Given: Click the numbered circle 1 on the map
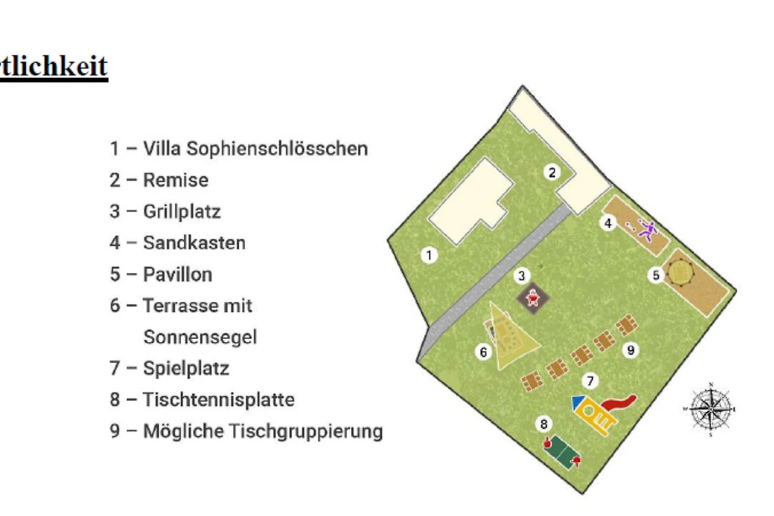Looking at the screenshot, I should point(429,255).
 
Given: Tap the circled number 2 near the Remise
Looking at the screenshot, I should point(552,172).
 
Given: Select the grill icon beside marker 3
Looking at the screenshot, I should point(533,299).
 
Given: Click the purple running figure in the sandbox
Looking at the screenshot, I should point(647,229).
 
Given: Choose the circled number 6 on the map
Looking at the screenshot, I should point(483,352).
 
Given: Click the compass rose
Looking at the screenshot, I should point(709,409).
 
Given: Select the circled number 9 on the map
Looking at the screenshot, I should point(630,350).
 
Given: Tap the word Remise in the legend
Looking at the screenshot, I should point(175,180).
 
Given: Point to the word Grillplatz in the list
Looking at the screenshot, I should point(182,212).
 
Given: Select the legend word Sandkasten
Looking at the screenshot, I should point(194,243).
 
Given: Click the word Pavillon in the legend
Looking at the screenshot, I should point(177,274).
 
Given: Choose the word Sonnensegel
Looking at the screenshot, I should point(200,337).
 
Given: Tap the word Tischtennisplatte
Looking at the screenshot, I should point(219,399).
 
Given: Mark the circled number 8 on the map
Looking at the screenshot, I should point(544,424).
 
